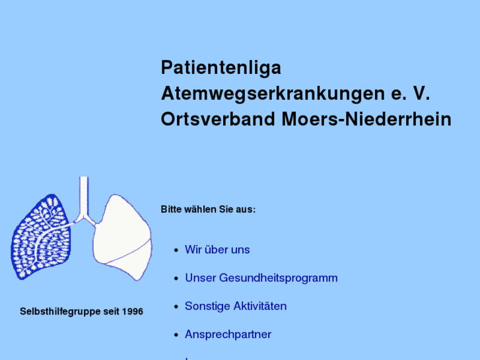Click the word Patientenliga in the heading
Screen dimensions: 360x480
[x=221, y=68]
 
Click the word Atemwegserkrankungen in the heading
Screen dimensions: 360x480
[x=271, y=94]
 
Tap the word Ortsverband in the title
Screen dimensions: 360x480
[x=217, y=120]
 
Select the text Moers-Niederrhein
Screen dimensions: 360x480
[x=366, y=120]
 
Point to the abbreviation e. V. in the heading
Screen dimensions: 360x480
[x=407, y=94]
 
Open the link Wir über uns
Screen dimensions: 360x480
[x=217, y=250]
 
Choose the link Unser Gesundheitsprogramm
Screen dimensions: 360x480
[x=261, y=278]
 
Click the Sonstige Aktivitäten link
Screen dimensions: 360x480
[x=236, y=306]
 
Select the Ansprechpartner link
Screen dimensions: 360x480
[x=228, y=335]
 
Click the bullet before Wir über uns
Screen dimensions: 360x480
[x=176, y=250]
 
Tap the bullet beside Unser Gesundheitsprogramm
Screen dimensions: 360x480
[x=176, y=279]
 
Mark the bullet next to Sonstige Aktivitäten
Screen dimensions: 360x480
[x=176, y=307]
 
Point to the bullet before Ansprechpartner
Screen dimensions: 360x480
[x=176, y=336]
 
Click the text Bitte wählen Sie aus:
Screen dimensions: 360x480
[x=208, y=209]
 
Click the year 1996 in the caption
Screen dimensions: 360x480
[x=132, y=311]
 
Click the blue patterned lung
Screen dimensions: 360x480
[x=42, y=238]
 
